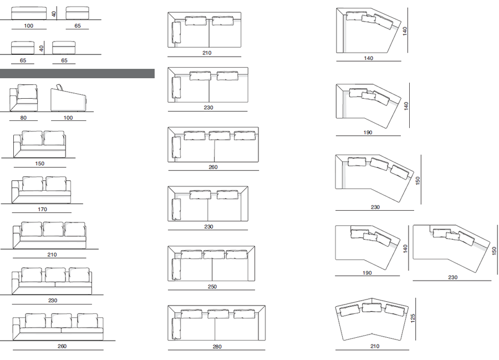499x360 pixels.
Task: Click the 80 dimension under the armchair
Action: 23,118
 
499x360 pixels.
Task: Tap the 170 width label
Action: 42,210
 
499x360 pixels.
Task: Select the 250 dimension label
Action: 212,286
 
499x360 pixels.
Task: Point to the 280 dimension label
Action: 217,347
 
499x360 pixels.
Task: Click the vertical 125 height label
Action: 413,318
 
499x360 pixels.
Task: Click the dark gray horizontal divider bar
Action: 77,74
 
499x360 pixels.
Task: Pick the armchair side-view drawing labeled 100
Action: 68,98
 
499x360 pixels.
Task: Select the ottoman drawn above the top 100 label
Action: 29,13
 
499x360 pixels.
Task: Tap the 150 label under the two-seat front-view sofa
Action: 40,164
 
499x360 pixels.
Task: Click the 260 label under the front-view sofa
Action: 62,346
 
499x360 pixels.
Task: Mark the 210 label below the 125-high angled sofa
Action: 375,346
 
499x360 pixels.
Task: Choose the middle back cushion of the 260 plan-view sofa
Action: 219,135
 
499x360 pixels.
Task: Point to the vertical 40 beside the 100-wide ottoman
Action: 54,14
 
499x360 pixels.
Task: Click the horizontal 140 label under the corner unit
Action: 369,58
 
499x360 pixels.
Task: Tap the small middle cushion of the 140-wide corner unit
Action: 369,19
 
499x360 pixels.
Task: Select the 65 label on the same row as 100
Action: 78,26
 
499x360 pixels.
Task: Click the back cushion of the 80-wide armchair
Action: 27,92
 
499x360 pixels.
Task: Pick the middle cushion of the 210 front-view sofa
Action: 53,229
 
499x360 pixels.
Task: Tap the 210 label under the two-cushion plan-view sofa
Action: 207,53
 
